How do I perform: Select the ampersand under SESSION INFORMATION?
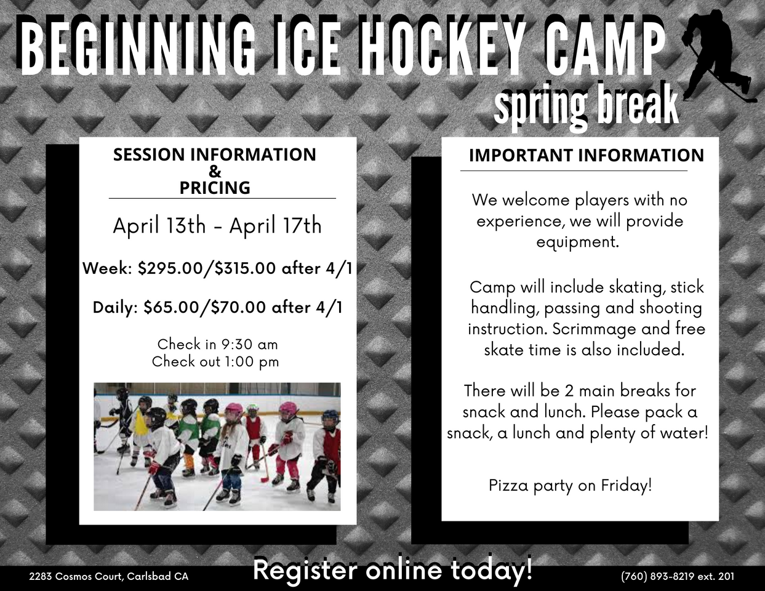215,171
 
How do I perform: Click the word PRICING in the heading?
215,188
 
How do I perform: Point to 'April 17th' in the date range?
276,225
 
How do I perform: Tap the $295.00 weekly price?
170,268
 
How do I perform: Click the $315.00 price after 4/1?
245,268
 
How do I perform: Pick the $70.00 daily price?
238,307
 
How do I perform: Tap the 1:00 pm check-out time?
251,362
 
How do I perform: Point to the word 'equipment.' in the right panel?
578,243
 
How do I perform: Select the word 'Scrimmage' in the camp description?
595,329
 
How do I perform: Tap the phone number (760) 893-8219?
658,576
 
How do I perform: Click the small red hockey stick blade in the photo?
264,480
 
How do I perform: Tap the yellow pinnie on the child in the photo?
140,422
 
